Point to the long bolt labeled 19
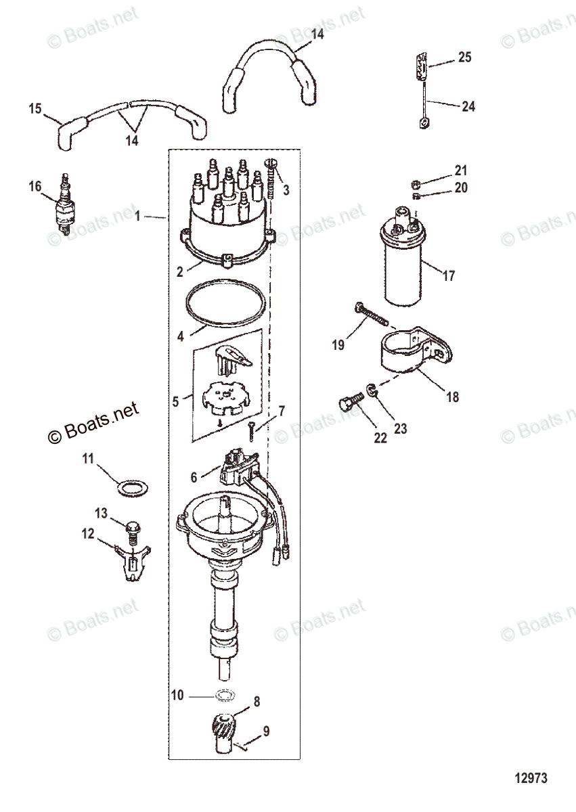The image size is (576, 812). coord(371,316)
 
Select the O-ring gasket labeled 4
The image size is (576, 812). coord(225,306)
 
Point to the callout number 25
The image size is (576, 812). coord(464,57)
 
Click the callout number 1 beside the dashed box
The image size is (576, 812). coord(137,217)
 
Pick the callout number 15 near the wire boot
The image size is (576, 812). coord(35,108)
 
